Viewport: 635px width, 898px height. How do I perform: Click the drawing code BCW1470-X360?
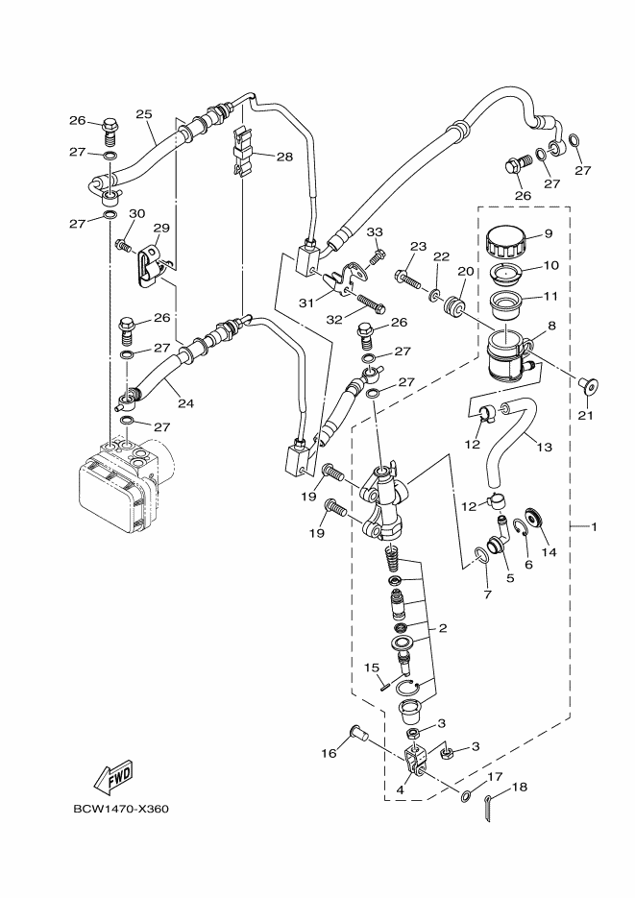tap(121, 808)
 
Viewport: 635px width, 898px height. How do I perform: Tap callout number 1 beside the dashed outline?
tap(595, 526)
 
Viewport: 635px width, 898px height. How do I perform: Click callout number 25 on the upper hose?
tap(145, 114)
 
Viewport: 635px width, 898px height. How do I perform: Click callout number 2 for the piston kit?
tap(444, 629)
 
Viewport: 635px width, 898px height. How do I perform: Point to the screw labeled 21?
tap(587, 386)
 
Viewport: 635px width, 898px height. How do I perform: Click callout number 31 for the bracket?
tap(306, 303)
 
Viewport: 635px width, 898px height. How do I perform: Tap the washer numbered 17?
tap(466, 795)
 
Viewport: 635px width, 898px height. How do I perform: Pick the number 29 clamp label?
tap(160, 228)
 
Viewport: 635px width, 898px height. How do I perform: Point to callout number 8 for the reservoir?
tap(551, 326)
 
